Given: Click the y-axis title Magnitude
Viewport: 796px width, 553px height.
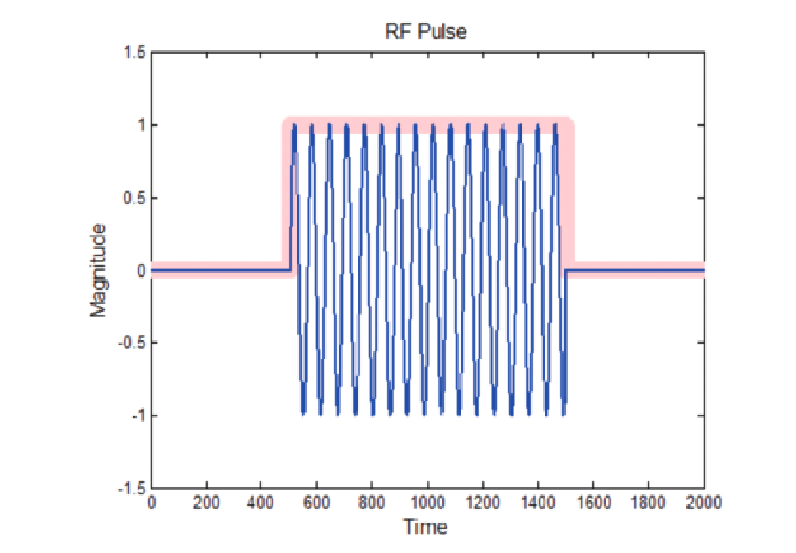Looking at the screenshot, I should (99, 269).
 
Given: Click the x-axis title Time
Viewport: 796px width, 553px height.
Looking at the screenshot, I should (426, 527).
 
